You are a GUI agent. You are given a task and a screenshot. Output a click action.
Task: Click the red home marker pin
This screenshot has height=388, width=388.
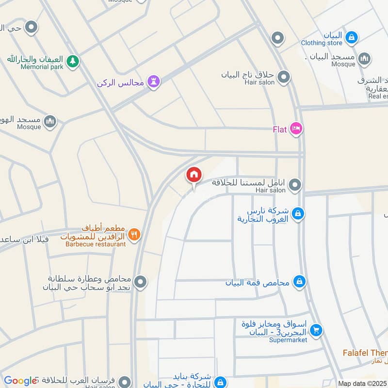click(194, 175)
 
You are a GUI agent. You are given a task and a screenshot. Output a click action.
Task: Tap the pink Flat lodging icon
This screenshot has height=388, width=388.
click(296, 129)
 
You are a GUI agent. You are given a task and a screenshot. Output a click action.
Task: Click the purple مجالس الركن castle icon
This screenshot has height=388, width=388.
click(154, 82)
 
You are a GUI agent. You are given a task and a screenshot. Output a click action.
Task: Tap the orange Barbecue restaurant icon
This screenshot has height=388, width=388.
click(135, 235)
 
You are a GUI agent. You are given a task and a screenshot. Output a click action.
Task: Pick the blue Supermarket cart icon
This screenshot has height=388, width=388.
click(316, 330)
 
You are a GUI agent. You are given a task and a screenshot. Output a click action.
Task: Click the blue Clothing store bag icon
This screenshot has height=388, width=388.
click(352, 36)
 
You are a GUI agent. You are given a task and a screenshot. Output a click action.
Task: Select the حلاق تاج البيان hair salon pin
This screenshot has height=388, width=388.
click(284, 77)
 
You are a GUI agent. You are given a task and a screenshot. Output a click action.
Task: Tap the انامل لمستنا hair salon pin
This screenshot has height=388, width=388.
click(295, 185)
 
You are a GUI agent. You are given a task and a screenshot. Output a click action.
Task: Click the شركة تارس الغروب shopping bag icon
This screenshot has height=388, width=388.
click(298, 213)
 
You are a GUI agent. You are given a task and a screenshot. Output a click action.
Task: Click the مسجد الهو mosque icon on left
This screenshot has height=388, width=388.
click(50, 121)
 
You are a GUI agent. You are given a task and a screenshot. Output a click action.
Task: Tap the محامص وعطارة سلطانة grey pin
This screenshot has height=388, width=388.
click(141, 282)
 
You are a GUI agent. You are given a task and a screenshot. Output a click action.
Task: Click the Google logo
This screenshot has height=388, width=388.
click(20, 381)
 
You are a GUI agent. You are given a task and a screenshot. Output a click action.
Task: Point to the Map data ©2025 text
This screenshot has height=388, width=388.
click(362, 383)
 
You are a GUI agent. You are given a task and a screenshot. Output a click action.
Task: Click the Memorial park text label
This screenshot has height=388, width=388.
click(42, 67)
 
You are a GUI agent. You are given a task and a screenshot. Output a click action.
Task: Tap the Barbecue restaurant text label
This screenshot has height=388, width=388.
click(96, 244)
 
